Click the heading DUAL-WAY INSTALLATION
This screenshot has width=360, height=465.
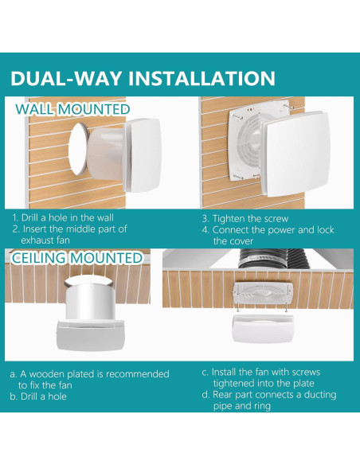tap(143, 79)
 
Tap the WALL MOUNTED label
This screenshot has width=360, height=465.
tap(72, 109)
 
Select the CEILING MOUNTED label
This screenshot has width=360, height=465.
tap(77, 258)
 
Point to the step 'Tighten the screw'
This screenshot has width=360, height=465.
tap(245, 217)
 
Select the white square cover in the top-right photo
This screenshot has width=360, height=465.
tap(294, 156)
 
